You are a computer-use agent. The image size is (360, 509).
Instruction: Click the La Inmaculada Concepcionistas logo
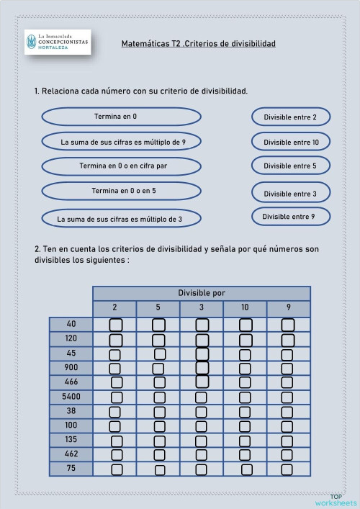[58, 42]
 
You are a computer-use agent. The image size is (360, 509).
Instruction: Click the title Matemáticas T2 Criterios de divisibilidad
[199, 44]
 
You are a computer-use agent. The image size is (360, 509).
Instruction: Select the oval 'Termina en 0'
[121, 116]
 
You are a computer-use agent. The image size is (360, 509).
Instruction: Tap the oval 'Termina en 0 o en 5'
[121, 191]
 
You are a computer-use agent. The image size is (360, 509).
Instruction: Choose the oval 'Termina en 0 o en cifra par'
[121, 166]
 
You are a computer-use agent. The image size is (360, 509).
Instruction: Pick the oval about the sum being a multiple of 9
[121, 142]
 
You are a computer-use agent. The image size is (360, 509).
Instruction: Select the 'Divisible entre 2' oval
[291, 117]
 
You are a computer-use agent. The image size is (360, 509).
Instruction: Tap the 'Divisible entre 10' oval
[291, 142]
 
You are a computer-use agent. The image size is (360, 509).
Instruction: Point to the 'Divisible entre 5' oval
[291, 166]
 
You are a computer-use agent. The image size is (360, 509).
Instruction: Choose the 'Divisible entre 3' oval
[291, 193]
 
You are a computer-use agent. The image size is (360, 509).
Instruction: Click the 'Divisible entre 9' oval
[291, 216]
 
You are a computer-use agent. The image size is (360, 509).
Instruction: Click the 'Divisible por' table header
[202, 293]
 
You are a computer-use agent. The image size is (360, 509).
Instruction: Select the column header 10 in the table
[245, 308]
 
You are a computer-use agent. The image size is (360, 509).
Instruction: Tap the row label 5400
[71, 397]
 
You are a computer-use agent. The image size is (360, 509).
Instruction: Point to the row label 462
[71, 454]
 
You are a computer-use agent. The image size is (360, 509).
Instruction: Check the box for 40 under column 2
[115, 325]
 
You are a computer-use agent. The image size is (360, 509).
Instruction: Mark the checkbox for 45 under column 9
[288, 354]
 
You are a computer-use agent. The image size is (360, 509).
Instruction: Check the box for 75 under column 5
[160, 470]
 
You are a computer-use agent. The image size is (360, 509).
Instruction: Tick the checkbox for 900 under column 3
[202, 369]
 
